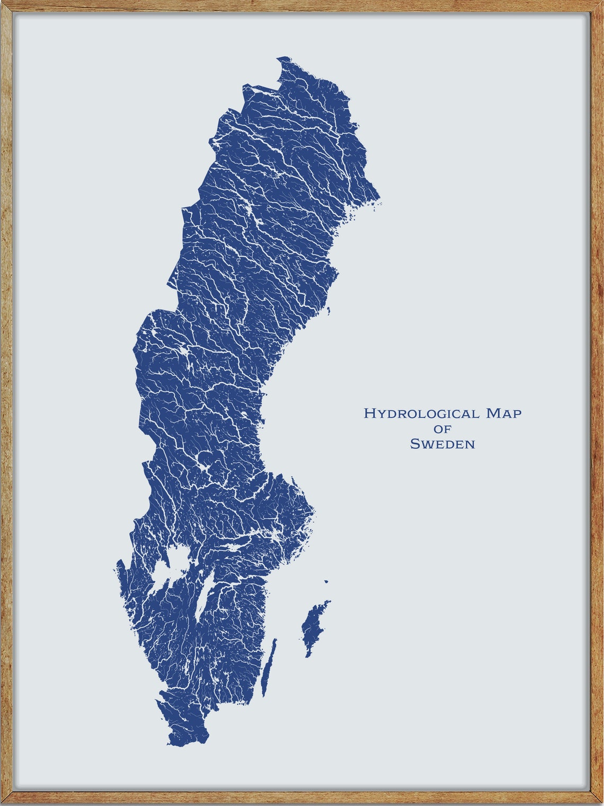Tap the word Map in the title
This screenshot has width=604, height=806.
click(x=504, y=414)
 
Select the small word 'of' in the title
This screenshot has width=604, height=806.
click(x=442, y=429)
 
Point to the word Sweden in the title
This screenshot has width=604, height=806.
click(x=442, y=444)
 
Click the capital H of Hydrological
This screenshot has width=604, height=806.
click(x=369, y=414)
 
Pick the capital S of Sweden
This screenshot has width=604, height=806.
click(x=415, y=444)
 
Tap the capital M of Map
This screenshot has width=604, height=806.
click(x=493, y=414)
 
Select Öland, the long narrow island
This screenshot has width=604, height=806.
click(x=269, y=668)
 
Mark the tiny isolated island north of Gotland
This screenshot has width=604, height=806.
click(x=326, y=581)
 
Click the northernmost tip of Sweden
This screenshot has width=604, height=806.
click(x=284, y=57)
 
